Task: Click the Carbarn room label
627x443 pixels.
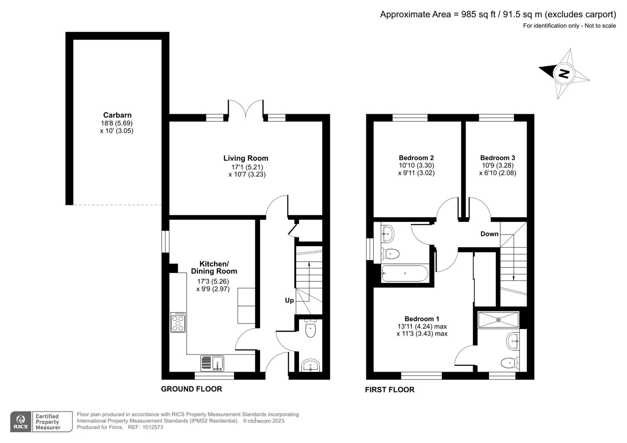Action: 117,115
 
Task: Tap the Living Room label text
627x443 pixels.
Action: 246,158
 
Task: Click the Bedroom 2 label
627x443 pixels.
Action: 416,158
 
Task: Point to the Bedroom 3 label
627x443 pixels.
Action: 497,158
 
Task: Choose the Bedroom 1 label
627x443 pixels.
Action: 422,319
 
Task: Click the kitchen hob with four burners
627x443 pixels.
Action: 178,322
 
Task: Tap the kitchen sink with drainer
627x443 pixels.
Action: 212,363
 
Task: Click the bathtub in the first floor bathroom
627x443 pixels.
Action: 405,274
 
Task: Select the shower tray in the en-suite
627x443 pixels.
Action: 499,320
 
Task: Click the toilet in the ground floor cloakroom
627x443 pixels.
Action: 311,329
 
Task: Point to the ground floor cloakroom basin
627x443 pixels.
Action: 311,365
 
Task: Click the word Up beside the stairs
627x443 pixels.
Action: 289,301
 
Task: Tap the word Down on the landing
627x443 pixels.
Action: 490,234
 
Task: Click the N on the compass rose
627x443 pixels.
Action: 564,74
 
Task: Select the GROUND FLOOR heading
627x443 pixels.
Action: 191,389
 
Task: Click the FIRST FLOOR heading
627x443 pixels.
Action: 389,390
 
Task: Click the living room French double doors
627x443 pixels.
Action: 246,110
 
